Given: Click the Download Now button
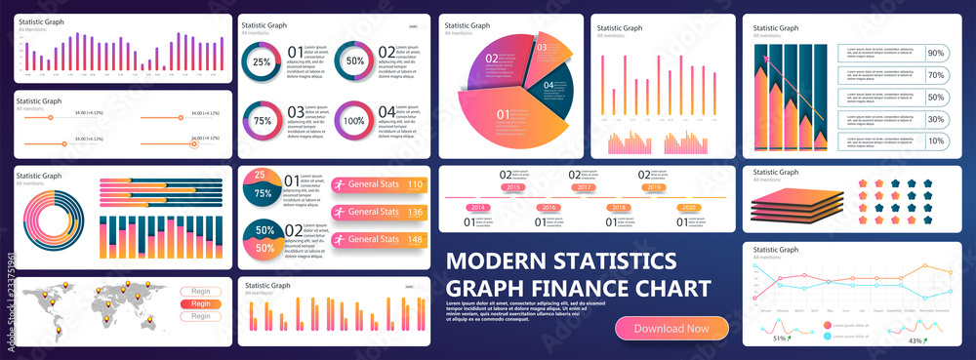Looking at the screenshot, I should (x=671, y=329).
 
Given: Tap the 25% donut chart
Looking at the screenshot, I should (x=263, y=61).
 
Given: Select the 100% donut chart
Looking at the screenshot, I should (x=353, y=121).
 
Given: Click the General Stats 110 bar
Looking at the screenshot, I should (x=381, y=184).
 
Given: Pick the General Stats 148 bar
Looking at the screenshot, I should (x=381, y=239).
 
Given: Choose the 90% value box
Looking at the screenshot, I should (x=935, y=53).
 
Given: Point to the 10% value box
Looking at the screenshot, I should (x=935, y=140).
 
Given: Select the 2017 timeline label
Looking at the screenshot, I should (x=584, y=186).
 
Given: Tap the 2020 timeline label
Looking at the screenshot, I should (x=689, y=208).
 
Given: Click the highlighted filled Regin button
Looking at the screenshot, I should (x=200, y=303).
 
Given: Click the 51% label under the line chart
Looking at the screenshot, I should (x=780, y=339).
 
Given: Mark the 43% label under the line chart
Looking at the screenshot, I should (x=915, y=340).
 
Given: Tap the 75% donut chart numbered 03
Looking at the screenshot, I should (x=263, y=121).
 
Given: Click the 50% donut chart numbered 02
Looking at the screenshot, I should (x=353, y=61).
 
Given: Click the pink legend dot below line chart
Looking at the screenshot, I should (x=828, y=324).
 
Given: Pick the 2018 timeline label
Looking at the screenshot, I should (x=619, y=208).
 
